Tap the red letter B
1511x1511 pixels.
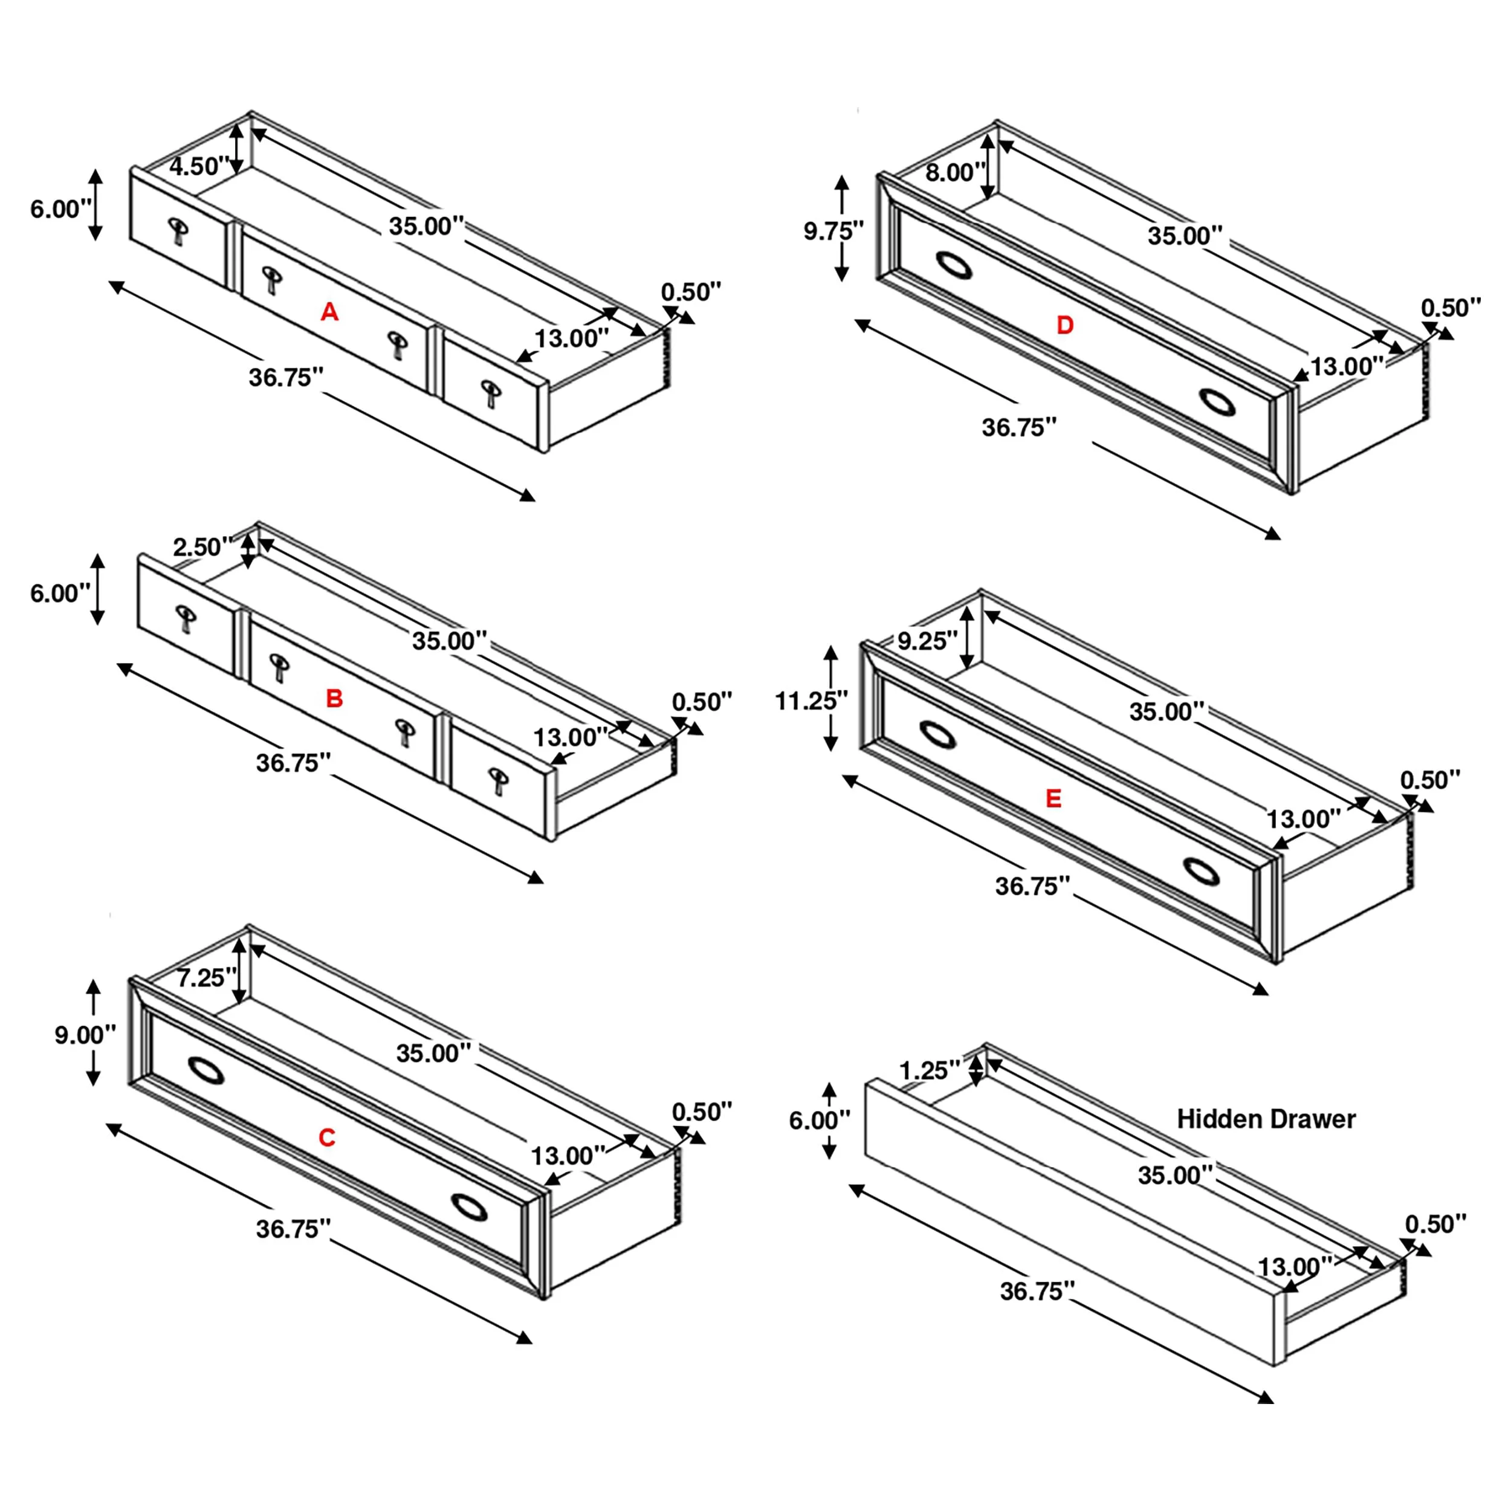point(334,699)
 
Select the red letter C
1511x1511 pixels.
point(327,1138)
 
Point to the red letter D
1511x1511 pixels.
point(1064,325)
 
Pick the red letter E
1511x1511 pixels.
point(1053,798)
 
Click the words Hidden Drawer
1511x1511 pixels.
point(1266,1119)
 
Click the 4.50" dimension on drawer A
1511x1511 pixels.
point(199,167)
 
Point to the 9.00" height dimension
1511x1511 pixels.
point(85,1035)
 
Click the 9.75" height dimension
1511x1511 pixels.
point(833,231)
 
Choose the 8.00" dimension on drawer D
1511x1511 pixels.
point(955,173)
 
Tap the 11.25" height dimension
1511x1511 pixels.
point(811,702)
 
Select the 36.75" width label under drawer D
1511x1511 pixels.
point(1019,428)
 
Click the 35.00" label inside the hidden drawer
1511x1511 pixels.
point(1175,1175)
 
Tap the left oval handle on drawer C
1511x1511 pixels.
point(207,1072)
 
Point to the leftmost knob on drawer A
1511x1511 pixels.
point(178,228)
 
